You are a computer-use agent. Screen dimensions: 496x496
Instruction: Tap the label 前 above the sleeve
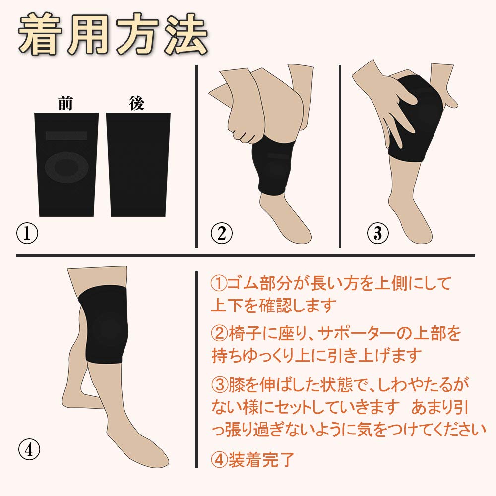point(66,104)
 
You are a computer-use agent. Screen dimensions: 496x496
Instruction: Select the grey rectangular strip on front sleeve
point(66,135)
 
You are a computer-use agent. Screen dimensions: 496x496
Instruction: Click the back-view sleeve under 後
point(138,164)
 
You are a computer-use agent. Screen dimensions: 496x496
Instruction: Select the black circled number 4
point(29,449)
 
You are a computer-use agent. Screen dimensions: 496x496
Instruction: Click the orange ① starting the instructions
point(219,284)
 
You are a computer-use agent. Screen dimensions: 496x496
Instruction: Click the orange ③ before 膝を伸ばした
point(219,385)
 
